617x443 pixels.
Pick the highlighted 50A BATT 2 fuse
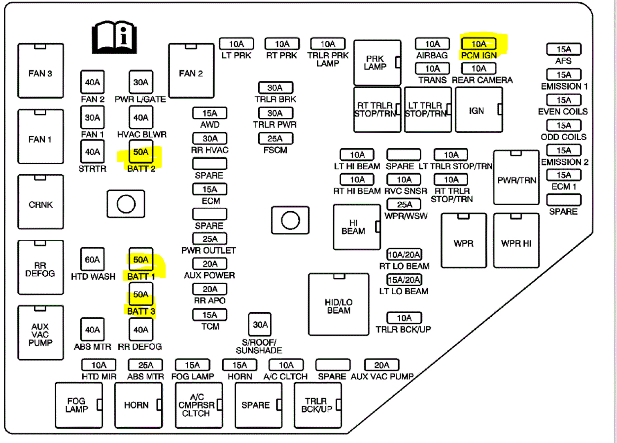point(141,152)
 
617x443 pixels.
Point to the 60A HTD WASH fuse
point(93,259)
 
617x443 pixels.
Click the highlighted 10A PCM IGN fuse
point(479,44)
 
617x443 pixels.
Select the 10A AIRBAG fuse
point(432,44)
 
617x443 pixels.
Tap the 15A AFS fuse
point(563,49)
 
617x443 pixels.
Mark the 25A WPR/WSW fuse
point(404,204)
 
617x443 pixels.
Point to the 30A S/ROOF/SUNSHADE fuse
point(260,325)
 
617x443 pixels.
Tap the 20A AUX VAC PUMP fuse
point(381,365)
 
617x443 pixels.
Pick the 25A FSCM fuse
point(275,139)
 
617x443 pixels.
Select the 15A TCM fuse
point(209,315)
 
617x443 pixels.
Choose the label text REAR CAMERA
point(482,80)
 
